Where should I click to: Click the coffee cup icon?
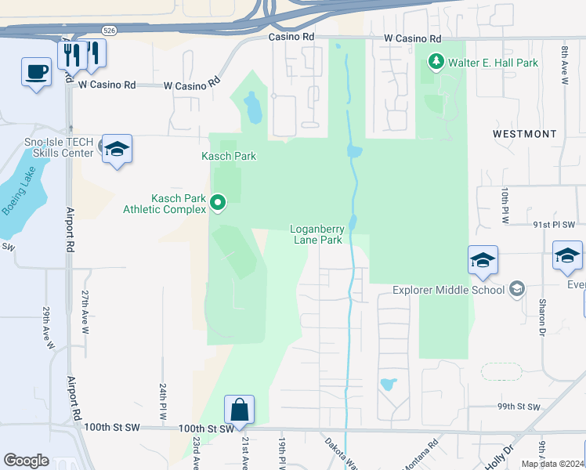[36, 72]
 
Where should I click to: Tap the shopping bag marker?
[239, 409]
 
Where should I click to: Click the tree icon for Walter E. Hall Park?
[436, 62]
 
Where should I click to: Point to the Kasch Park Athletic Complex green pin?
[219, 204]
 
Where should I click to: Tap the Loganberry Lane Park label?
[317, 235]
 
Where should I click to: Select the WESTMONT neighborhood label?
[525, 134]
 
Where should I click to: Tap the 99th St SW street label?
[519, 407]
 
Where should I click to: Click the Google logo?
[26, 461]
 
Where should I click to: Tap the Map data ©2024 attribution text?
[552, 464]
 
